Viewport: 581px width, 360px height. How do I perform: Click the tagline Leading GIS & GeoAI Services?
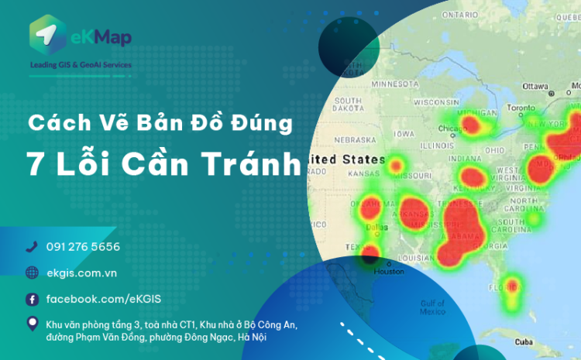[80, 65]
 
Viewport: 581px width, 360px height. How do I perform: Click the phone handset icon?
[32, 247]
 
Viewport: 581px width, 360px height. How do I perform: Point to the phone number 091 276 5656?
[83, 247]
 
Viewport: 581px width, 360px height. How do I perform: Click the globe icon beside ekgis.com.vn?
[32, 273]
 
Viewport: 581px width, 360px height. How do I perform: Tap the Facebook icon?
[32, 299]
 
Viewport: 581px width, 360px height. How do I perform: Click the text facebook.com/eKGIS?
[104, 299]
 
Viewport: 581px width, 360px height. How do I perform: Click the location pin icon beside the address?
[32, 324]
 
